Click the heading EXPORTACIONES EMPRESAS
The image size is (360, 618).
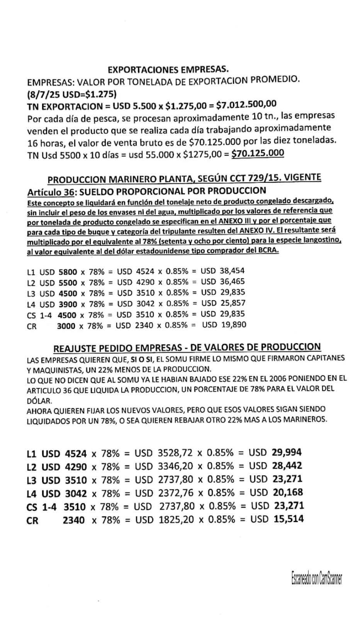168,70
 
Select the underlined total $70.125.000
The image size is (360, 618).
257,153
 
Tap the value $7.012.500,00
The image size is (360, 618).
246,105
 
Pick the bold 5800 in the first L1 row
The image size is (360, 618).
68,272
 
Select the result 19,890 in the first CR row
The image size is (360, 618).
233,325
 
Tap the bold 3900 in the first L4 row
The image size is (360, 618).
68,304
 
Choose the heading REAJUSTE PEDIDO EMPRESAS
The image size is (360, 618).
187,348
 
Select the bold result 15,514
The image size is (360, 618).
288,519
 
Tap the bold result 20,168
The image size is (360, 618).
287,492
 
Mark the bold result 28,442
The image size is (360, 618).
287,466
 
